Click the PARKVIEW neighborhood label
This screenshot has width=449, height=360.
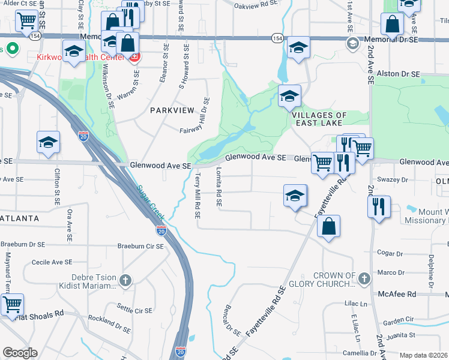(x=172, y=110)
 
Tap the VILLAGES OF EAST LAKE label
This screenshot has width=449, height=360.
(x=319, y=119)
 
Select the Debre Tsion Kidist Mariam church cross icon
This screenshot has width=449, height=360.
(x=125, y=280)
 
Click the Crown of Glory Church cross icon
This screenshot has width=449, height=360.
(x=364, y=277)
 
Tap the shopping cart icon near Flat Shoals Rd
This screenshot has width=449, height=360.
(x=11, y=304)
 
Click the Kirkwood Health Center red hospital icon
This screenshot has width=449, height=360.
(x=134, y=58)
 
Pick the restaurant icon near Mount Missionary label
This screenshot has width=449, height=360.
(x=379, y=207)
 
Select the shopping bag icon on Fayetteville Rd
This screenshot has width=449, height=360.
(x=328, y=226)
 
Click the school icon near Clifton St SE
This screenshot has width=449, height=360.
(x=48, y=142)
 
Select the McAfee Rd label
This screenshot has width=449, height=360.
(x=397, y=294)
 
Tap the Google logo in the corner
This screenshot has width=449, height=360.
(x=20, y=353)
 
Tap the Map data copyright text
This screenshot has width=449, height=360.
(x=424, y=355)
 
